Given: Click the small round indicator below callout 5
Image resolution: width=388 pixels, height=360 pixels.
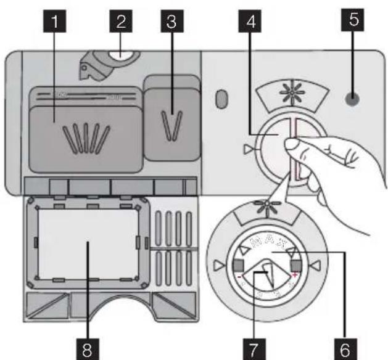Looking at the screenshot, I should coord(352,97).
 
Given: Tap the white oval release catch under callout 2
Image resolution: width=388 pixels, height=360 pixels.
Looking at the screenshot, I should coord(123,57).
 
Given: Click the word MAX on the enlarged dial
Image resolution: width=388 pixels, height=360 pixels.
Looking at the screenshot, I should coord(266,239).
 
